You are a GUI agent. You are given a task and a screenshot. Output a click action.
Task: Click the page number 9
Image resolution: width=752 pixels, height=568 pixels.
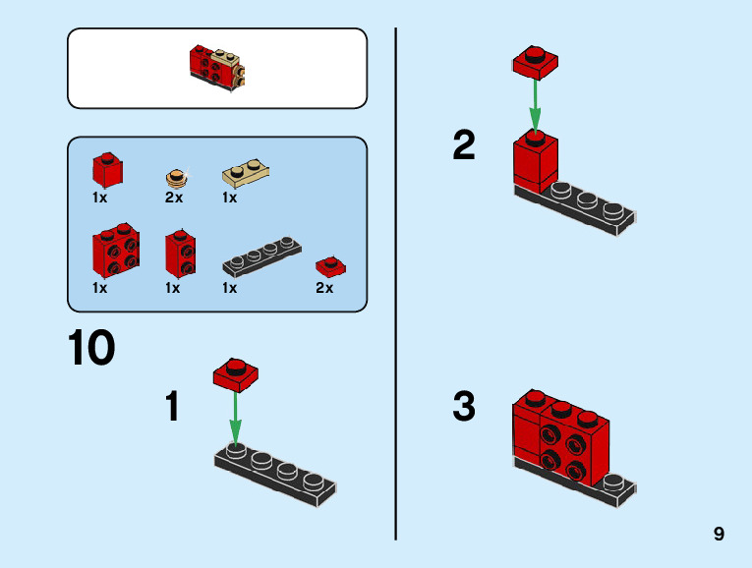(x=720, y=535)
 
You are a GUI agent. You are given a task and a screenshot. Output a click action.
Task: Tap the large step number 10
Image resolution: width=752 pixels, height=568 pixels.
(x=92, y=349)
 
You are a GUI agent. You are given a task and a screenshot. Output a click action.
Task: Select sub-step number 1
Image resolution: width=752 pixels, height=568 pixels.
(x=172, y=406)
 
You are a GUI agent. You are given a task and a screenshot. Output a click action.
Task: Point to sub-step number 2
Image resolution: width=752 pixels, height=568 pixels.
(x=463, y=146)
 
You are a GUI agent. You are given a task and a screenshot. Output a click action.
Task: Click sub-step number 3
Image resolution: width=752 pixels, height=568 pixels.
(x=463, y=406)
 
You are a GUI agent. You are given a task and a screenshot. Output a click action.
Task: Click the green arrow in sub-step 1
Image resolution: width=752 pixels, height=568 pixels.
(x=235, y=417)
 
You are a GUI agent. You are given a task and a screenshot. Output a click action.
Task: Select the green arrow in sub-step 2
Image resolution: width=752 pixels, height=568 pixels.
(x=535, y=103)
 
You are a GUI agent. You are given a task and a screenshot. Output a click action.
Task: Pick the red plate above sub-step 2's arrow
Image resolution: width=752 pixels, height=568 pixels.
(x=535, y=61)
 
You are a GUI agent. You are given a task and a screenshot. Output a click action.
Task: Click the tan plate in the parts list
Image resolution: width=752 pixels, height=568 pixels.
(x=247, y=172)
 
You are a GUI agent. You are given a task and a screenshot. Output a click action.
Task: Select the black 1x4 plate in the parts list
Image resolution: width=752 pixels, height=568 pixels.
(x=261, y=256)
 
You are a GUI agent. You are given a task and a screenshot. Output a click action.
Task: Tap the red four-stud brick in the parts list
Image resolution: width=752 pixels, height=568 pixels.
(x=115, y=253)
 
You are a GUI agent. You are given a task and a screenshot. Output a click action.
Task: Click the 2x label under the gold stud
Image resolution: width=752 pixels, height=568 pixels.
(x=174, y=198)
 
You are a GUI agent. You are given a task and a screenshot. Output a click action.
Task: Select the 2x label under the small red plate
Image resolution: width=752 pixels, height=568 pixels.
(x=324, y=289)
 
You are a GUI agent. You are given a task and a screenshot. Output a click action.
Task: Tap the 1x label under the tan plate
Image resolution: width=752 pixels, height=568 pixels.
(x=230, y=198)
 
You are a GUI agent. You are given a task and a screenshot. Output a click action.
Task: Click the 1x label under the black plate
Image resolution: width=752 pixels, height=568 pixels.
(x=230, y=289)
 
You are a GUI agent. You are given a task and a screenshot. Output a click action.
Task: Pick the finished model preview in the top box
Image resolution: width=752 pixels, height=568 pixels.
(x=216, y=67)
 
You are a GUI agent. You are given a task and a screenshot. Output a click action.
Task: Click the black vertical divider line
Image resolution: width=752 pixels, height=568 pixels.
(x=395, y=285)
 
